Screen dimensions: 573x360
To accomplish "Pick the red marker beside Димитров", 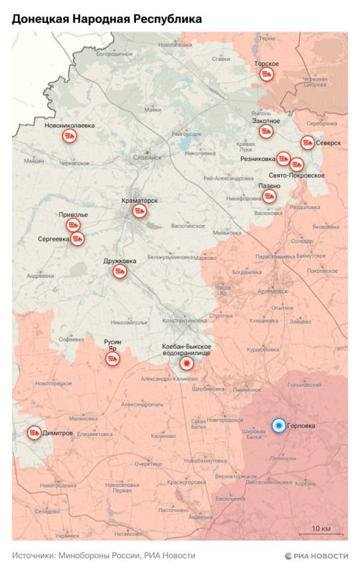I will (x=34, y=433).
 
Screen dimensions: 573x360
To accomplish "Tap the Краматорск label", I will (x=140, y=201).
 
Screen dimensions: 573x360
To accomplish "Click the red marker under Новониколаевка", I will (x=69, y=138).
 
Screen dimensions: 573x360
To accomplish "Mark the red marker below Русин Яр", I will (x=112, y=359).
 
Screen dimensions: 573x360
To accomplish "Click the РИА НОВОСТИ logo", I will (x=316, y=555).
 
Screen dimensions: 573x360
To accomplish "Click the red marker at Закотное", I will (x=266, y=131).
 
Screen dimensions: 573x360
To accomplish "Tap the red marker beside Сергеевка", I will (x=77, y=239).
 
